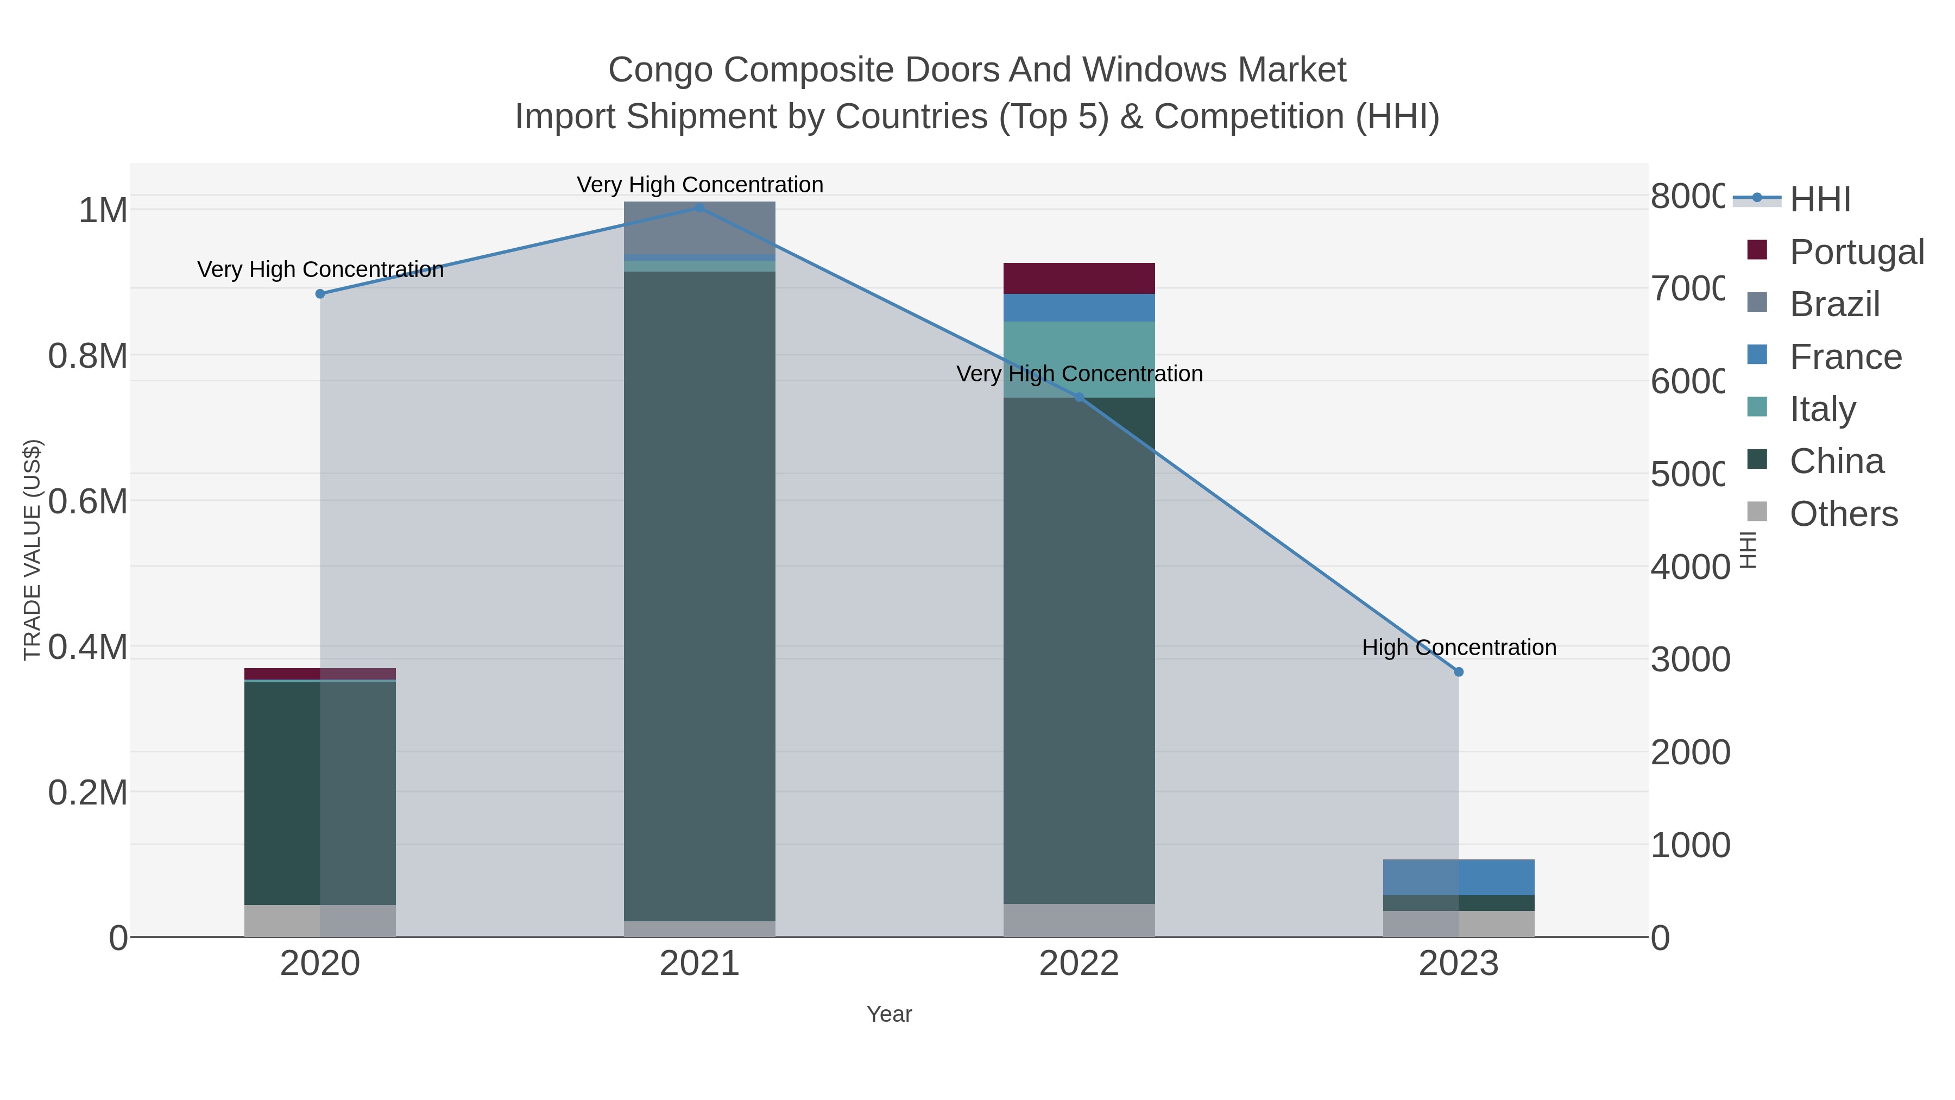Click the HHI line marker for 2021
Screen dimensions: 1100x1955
pyautogui.click(x=699, y=208)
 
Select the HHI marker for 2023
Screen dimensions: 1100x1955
pyautogui.click(x=1458, y=672)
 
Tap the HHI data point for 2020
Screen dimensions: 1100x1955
pyautogui.click(x=319, y=294)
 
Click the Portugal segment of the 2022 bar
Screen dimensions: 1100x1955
pyautogui.click(x=1079, y=278)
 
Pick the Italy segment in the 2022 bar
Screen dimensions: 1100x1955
pyautogui.click(x=1079, y=359)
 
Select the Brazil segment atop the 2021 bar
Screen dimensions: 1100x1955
pyautogui.click(x=699, y=228)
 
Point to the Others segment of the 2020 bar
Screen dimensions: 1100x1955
pyautogui.click(x=319, y=920)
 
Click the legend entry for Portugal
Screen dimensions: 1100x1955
pyautogui.click(x=1856, y=252)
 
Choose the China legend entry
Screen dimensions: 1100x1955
pyautogui.click(x=1836, y=461)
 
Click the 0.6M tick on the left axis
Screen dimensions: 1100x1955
pyautogui.click(x=87, y=502)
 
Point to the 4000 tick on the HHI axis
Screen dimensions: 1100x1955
pyautogui.click(x=1689, y=567)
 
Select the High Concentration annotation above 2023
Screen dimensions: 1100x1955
pyautogui.click(x=1458, y=648)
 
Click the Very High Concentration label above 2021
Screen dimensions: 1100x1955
pyautogui.click(x=699, y=185)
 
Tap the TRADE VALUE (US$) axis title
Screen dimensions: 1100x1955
pyautogui.click(x=32, y=550)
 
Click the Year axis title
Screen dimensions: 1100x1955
pyautogui.click(x=888, y=1014)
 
